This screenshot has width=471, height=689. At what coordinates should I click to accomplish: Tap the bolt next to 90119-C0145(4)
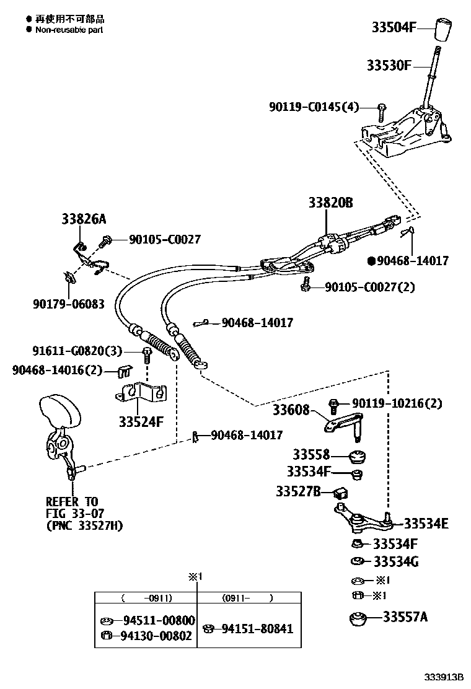[381, 112]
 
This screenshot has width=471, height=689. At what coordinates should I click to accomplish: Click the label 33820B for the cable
[331, 203]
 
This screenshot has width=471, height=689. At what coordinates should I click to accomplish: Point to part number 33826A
[84, 219]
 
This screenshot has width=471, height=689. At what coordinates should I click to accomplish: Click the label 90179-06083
[68, 304]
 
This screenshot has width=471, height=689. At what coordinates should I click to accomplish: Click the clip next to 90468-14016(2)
[125, 372]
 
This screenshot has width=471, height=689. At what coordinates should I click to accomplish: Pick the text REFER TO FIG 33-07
[74, 507]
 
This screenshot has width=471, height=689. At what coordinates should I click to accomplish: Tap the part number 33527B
[298, 491]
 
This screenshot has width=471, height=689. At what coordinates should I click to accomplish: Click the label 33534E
[426, 524]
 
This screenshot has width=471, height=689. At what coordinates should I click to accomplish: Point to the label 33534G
[396, 561]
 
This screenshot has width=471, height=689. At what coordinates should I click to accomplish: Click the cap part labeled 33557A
[358, 619]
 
